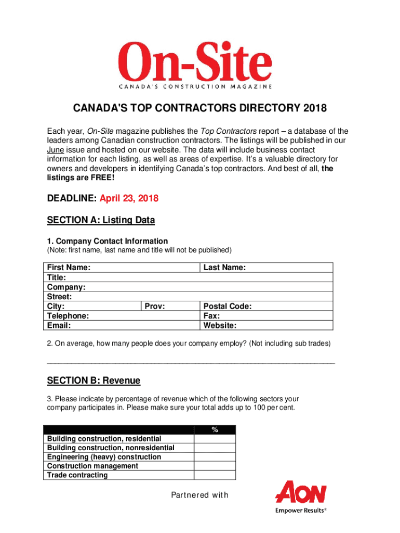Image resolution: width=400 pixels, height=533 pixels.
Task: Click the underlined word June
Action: click(56, 150)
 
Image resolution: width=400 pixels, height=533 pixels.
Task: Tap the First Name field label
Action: click(69, 268)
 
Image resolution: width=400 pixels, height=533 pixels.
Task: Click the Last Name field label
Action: click(224, 268)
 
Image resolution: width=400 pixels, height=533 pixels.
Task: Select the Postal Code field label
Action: click(228, 307)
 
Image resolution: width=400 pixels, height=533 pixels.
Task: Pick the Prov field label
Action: click(155, 307)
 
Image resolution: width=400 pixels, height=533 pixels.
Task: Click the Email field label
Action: click(59, 325)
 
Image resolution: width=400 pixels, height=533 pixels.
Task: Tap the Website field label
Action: click(220, 325)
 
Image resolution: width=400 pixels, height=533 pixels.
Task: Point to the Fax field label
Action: click(211, 316)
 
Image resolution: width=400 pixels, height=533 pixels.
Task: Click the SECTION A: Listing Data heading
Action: click(101, 220)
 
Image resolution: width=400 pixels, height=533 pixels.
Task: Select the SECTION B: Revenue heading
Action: click(94, 380)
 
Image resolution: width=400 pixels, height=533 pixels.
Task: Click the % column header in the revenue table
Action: click(215, 430)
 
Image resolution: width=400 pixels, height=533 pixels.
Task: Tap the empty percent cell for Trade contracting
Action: click(215, 475)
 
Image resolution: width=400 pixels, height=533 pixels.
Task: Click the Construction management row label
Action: click(92, 466)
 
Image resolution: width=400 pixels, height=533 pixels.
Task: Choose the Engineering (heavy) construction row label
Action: click(104, 457)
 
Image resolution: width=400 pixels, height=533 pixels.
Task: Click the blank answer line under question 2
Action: click(191, 362)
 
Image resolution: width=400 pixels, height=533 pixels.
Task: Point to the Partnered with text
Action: click(199, 495)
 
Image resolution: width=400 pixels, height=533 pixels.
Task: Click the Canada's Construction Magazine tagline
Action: click(194, 86)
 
